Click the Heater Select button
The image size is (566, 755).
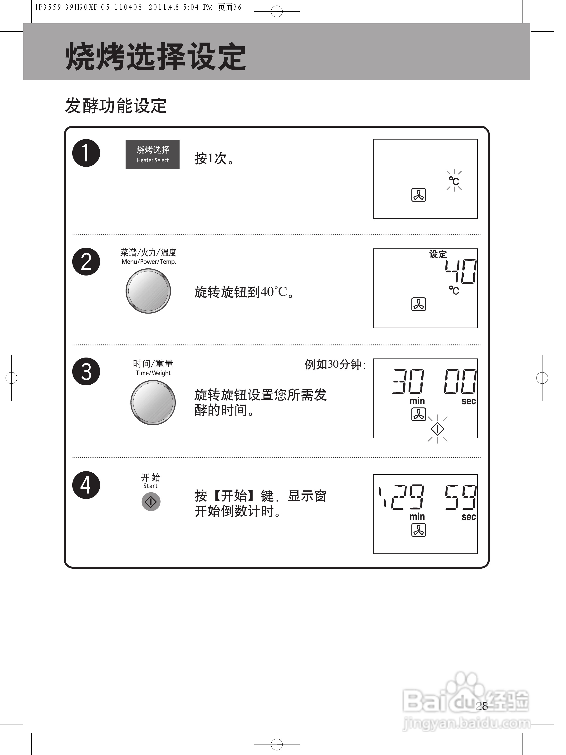(x=152, y=154)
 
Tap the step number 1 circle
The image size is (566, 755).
(x=86, y=153)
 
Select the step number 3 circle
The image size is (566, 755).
(x=86, y=371)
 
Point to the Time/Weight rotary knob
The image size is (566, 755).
(x=153, y=402)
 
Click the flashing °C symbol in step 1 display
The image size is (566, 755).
(x=454, y=181)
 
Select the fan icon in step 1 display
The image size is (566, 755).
(x=419, y=195)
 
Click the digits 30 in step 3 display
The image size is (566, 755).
(x=409, y=381)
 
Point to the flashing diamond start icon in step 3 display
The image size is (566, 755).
(x=437, y=429)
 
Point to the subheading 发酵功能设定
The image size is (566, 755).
(x=116, y=106)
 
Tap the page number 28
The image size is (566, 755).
(x=482, y=706)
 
